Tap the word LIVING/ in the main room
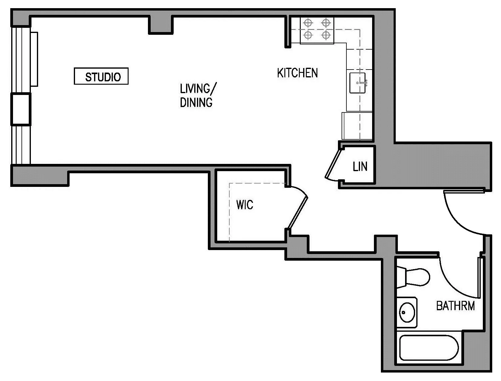198,89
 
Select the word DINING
196,103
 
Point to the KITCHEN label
297,73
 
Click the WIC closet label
244,205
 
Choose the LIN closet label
360,167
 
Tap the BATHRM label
455,306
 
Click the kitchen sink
358,83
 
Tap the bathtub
429,348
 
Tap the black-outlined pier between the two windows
21,109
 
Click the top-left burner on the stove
308,23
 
